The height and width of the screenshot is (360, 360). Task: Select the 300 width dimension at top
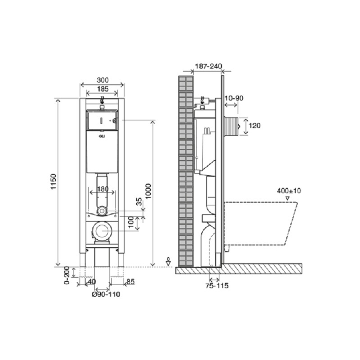pyautogui.click(x=102, y=80)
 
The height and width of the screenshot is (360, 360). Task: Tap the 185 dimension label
pyautogui.click(x=102, y=89)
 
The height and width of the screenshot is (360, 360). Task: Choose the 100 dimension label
pyautogui.click(x=131, y=223)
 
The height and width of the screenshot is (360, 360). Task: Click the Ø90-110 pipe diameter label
pyautogui.click(x=106, y=294)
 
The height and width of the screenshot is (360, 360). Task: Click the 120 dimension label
pyautogui.click(x=255, y=126)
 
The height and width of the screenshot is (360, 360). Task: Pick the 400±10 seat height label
pyautogui.click(x=289, y=190)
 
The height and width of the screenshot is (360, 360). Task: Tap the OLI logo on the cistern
pyautogui.click(x=102, y=136)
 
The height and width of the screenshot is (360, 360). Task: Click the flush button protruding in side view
pyautogui.click(x=231, y=126)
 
